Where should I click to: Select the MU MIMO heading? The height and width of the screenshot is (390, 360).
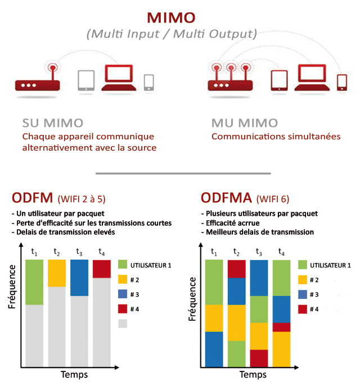(x=244, y=123)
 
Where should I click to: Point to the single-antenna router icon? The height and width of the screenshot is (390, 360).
(x=37, y=83)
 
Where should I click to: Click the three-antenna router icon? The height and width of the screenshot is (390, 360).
(x=231, y=82)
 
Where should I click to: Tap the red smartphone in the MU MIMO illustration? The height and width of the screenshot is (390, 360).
(x=341, y=82)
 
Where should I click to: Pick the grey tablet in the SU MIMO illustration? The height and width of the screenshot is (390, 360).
(x=86, y=80)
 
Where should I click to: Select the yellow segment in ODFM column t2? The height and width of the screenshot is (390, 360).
(x=57, y=273)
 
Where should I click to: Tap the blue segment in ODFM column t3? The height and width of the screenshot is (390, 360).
(x=79, y=278)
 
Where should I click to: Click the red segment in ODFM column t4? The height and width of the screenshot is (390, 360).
(x=101, y=269)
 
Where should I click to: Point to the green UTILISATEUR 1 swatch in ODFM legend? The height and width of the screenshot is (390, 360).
(x=123, y=264)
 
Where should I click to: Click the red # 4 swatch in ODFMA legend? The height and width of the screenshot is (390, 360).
(x=303, y=309)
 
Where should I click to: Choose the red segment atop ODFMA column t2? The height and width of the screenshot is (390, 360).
(x=236, y=269)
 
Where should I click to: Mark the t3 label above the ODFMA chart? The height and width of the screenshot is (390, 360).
(x=258, y=252)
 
